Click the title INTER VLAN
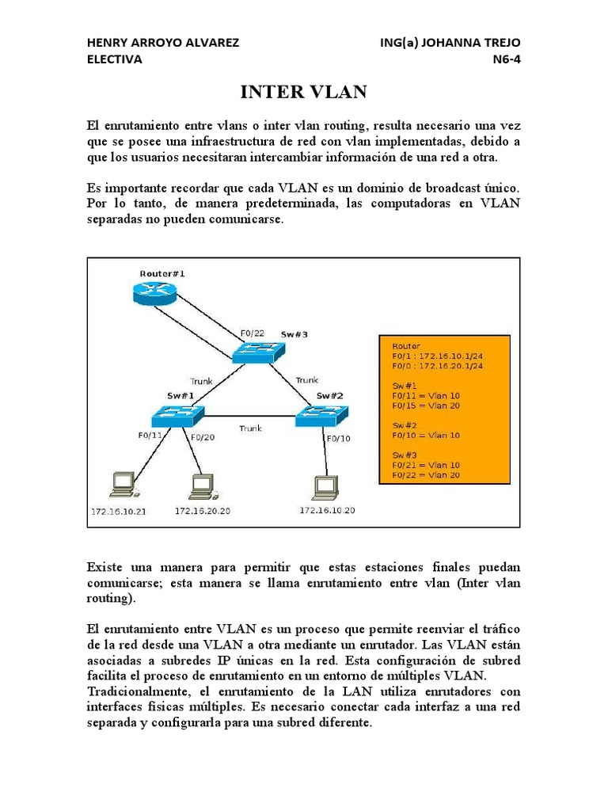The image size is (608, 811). tap(303, 93)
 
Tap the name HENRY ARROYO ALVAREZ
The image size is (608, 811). tap(162, 43)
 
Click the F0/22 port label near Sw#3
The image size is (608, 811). tap(252, 333)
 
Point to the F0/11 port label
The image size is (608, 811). tap(150, 436)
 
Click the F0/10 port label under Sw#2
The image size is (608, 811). tap(338, 438)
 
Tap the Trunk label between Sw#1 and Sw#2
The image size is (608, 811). tap(251, 428)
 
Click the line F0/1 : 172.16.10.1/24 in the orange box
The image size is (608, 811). tap(438, 356)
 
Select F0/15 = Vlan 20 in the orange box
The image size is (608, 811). tap(426, 405)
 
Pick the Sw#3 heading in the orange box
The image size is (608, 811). tap(405, 455)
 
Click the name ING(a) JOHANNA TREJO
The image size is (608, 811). tap(450, 43)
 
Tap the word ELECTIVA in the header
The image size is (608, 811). tap(114, 59)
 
